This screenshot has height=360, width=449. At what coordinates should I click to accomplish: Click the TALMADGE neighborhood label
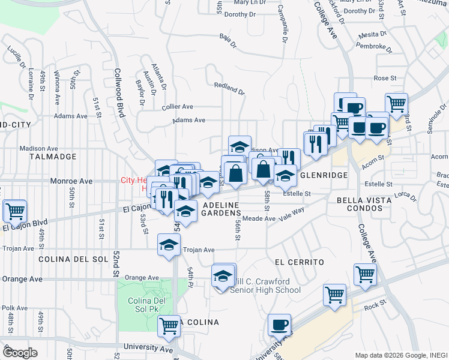point(53,157)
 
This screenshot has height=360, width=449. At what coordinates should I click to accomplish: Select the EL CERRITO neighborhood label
point(300,262)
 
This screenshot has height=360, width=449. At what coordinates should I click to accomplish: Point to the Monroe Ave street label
point(72,181)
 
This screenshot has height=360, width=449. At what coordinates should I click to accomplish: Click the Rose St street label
point(385,78)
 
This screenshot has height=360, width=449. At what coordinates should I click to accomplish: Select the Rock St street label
point(375,305)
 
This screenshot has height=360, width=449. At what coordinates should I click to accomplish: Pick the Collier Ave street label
point(177,106)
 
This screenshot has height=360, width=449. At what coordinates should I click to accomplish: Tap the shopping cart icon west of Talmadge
point(14,211)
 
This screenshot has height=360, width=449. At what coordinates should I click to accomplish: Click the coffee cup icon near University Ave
point(279,325)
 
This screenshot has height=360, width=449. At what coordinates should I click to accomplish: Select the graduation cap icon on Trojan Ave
point(169,245)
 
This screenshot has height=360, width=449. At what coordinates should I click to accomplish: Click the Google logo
point(19,353)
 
